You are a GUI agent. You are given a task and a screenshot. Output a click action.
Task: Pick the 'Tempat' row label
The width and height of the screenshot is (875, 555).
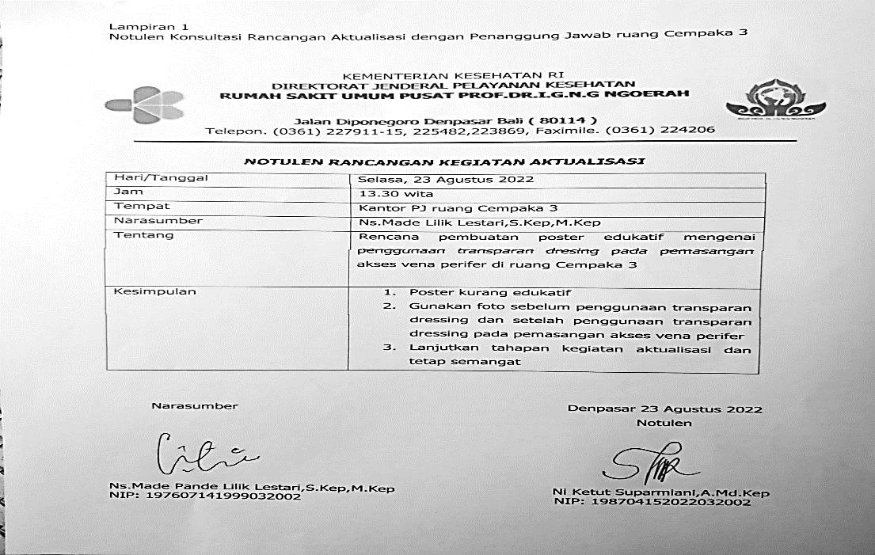(x=136, y=207)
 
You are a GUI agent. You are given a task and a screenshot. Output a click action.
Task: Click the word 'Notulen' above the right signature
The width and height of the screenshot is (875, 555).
(x=664, y=423)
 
